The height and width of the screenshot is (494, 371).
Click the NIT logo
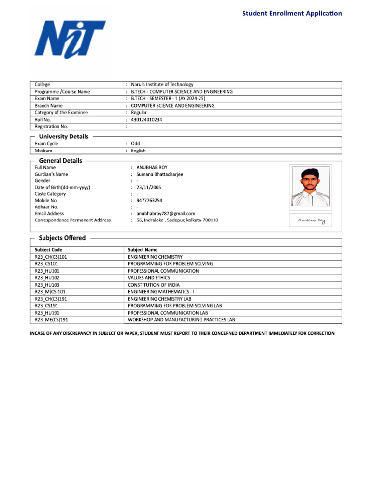coord(70,40)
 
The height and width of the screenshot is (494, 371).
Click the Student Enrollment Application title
coord(292,14)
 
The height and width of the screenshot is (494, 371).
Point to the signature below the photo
coord(311,220)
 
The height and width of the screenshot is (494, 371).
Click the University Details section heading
coord(64,137)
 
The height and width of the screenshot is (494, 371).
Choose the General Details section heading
coord(60,161)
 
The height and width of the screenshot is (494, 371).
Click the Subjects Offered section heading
coord(62,238)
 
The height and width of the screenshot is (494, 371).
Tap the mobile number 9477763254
coord(149,200)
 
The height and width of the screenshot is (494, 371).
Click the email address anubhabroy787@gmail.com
coord(166,213)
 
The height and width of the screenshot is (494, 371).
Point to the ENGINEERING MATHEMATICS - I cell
coord(161,292)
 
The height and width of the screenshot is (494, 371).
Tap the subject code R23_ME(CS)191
coord(52,320)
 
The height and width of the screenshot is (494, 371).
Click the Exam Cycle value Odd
coord(135,144)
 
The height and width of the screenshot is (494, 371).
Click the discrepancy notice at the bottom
coord(182,333)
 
